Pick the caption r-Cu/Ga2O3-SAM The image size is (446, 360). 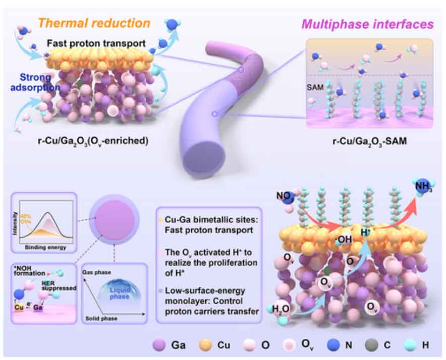pyautogui.click(x=370, y=142)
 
